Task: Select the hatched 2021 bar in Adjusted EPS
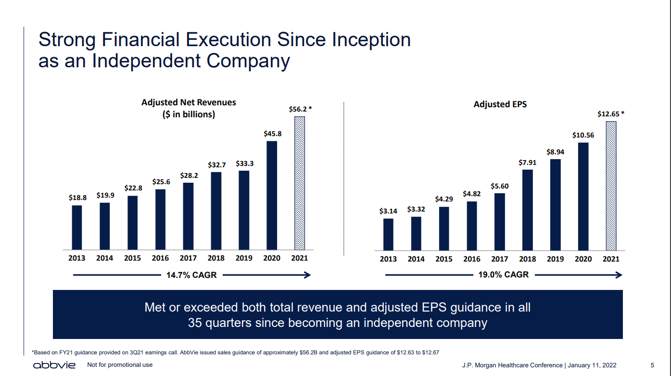pos(611,186)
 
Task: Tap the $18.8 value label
pos(77,197)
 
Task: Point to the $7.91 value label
pos(527,163)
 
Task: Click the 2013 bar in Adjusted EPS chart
pos(388,234)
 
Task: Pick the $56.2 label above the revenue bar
pos(300,109)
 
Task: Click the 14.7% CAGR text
pos(192,275)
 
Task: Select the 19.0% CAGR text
pos(504,275)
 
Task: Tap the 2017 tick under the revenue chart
pos(188,258)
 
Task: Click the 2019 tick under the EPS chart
pos(555,259)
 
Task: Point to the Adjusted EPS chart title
pos(500,104)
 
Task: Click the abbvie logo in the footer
pos(54,365)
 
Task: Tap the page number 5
pos(652,365)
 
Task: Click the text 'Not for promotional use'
pos(120,365)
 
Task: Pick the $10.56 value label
pos(583,135)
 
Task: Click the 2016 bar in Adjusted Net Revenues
pos(160,219)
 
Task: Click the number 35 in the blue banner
pos(195,323)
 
